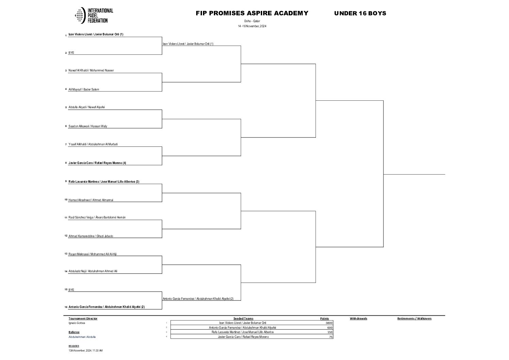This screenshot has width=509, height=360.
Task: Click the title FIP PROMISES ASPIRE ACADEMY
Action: (x=252, y=13)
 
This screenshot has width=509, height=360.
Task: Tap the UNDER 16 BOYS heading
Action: (x=360, y=13)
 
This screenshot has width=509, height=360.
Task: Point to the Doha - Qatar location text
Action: (x=252, y=21)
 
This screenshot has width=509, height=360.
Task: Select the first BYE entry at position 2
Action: (x=71, y=53)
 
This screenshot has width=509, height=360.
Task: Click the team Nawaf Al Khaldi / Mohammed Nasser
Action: (x=91, y=70)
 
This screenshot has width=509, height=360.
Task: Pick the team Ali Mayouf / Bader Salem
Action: (x=84, y=89)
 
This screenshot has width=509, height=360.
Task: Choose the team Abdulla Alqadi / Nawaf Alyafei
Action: (x=87, y=107)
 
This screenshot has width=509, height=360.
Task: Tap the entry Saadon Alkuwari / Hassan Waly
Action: (x=88, y=126)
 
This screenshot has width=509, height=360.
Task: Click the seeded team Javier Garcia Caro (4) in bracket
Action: (x=97, y=163)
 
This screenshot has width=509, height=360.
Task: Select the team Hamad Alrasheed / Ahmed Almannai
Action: (x=91, y=200)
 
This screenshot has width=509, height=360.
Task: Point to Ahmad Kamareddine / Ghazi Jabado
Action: (x=91, y=236)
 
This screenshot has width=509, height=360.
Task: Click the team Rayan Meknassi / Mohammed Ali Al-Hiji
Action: (x=92, y=254)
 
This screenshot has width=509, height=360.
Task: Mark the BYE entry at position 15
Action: (x=71, y=290)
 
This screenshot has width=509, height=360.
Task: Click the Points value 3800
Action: (x=328, y=323)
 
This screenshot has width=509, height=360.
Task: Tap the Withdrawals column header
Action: (x=358, y=318)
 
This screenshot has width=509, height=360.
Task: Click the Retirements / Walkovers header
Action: (x=414, y=318)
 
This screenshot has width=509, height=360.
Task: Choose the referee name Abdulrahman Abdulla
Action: (x=82, y=337)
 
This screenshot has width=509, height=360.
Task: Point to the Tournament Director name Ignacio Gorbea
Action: (x=77, y=323)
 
